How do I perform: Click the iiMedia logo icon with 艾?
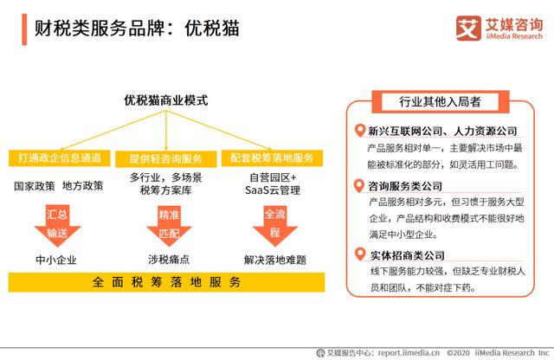468,29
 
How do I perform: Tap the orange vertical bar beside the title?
24,29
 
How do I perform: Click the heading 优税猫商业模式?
165,100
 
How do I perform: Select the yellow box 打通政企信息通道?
60,157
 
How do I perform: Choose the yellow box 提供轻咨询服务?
165,159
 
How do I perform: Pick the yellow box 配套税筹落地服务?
272,157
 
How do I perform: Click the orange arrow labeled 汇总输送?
58,225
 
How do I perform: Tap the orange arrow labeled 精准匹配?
170,226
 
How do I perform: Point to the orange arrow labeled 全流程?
275,226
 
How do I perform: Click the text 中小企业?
56,260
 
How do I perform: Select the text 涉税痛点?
169,260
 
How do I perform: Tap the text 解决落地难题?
275,260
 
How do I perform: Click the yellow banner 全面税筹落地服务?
166,282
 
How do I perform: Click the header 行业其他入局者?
441,102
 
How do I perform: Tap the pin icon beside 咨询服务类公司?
359,186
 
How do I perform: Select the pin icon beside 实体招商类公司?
360,254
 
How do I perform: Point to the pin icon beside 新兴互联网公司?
360,131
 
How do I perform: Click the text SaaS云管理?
273,190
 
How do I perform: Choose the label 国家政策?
35,186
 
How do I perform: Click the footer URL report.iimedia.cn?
409,353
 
